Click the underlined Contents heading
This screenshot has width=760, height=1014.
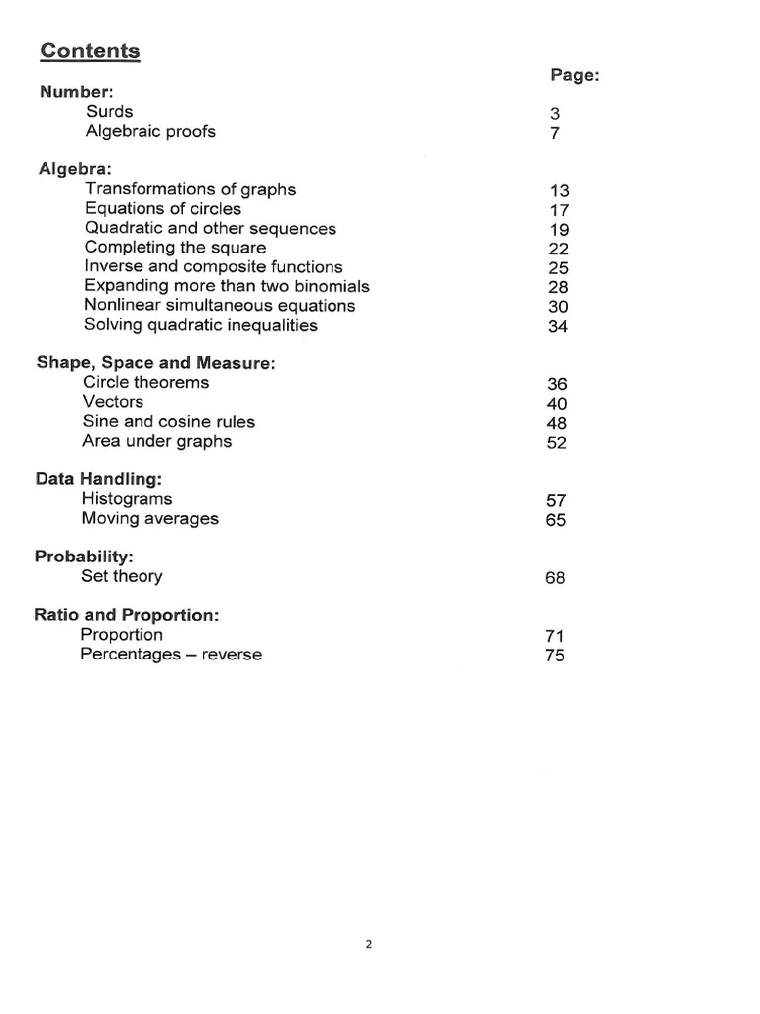click(90, 51)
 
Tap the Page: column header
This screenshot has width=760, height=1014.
click(574, 76)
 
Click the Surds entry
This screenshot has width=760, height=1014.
click(109, 112)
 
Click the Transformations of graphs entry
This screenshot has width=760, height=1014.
click(190, 189)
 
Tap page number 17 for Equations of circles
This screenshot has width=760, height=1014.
click(559, 210)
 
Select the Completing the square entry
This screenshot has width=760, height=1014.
click(175, 248)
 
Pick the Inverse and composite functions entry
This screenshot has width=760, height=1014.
click(214, 266)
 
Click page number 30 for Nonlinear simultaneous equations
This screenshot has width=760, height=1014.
click(558, 307)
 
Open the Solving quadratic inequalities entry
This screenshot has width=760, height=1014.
click(201, 325)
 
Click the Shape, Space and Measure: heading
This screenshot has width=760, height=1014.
click(155, 363)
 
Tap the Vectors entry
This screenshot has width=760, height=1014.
click(113, 402)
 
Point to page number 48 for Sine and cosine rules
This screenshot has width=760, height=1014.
click(557, 423)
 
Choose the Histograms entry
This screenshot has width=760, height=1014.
click(128, 499)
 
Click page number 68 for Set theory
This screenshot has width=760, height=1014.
click(555, 578)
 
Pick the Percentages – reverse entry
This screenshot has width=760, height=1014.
click(171, 655)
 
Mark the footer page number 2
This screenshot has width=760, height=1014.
click(369, 945)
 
